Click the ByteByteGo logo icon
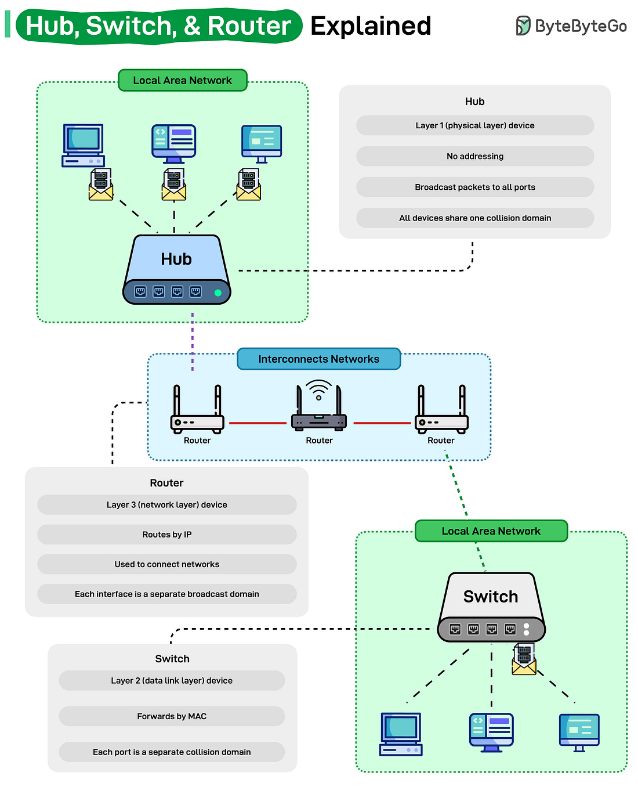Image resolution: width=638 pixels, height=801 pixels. [523, 26]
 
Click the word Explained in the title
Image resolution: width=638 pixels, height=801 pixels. [371, 26]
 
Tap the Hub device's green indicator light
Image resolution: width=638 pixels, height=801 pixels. [218, 293]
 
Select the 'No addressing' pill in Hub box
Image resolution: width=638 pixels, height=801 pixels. [474, 156]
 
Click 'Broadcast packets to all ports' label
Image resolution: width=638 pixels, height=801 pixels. [474, 187]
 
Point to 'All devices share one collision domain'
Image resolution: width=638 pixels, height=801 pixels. [474, 218]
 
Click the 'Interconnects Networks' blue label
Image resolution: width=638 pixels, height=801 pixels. [318, 359]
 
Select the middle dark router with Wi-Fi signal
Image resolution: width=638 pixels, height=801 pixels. [318, 409]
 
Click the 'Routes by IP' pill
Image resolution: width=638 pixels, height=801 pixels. [166, 534]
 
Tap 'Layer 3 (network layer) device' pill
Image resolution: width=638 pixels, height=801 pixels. [166, 504]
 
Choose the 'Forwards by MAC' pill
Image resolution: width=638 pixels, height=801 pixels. [172, 716]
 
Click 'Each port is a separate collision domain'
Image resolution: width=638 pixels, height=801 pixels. [172, 752]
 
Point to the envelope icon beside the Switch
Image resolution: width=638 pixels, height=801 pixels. [524, 660]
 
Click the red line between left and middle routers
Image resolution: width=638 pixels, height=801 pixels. [258, 423]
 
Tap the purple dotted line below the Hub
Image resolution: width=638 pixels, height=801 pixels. [193, 342]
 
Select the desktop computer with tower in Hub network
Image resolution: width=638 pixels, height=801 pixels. [83, 145]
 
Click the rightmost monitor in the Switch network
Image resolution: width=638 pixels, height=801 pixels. [579, 732]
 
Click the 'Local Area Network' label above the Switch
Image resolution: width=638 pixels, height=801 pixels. [491, 531]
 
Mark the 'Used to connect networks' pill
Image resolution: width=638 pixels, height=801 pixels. [166, 564]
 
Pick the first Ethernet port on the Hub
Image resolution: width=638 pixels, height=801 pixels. [140, 291]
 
